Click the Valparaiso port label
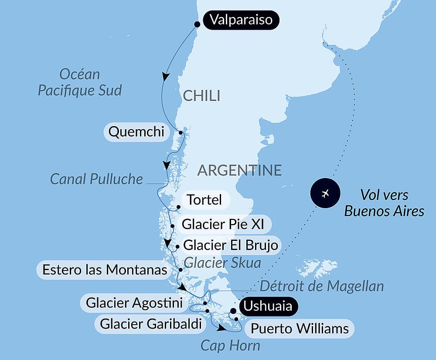tap(241, 20)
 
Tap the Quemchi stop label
tap(136, 132)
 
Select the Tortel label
tap(204, 200)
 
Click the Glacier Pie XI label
tap(220, 225)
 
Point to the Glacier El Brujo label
tap(231, 245)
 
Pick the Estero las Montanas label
tap(105, 270)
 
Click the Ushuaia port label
tap(268, 306)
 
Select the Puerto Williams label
tap(300, 328)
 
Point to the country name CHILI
tap(201, 96)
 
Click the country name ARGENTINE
tap(239, 170)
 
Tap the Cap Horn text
tap(230, 346)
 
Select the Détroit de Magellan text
tap(322, 286)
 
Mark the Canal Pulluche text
tap(96, 178)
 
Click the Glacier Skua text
tap(222, 263)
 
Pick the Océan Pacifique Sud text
tap(79, 82)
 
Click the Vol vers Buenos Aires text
tap(384, 203)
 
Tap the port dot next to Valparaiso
tap(197, 24)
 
